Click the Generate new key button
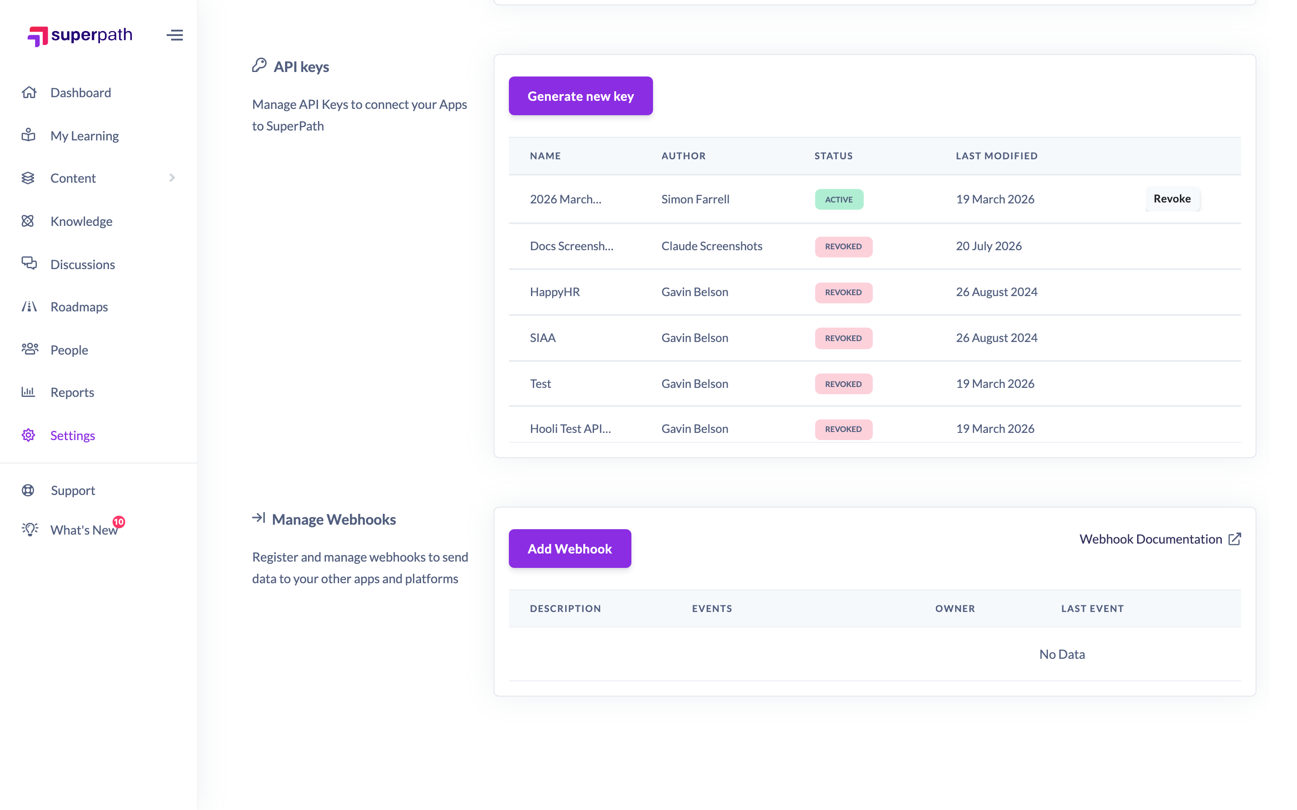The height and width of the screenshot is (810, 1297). click(x=580, y=96)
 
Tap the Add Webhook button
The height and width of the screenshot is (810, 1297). click(x=570, y=549)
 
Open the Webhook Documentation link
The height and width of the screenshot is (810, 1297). click(x=1160, y=539)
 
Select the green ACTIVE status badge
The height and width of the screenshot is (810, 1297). click(x=839, y=199)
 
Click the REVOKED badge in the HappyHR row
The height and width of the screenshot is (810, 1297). click(x=844, y=292)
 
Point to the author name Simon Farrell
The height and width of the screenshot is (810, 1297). click(x=695, y=199)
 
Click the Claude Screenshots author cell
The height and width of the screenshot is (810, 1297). click(x=712, y=246)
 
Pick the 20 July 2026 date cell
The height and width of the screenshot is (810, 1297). click(x=989, y=246)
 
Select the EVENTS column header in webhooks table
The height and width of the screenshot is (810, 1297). click(x=712, y=608)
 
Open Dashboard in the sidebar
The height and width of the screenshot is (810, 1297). click(x=81, y=93)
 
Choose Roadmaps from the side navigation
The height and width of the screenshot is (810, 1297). click(x=79, y=307)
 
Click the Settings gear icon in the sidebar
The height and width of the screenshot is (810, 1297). click(x=28, y=435)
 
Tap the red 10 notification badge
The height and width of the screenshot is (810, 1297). click(x=118, y=522)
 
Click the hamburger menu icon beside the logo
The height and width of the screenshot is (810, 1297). click(x=175, y=36)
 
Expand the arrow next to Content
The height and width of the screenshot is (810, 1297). click(x=172, y=178)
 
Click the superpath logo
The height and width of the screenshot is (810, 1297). click(x=80, y=36)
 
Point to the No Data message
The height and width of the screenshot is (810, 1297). click(x=1062, y=654)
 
